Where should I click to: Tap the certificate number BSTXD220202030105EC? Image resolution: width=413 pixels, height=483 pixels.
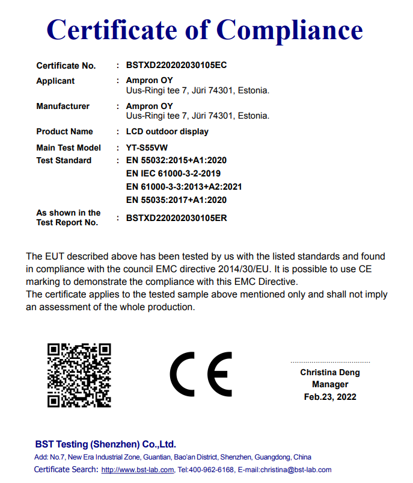(x=176, y=65)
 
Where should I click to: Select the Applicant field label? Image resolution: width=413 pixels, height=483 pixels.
(x=55, y=81)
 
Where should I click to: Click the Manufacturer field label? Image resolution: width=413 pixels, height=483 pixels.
(x=63, y=106)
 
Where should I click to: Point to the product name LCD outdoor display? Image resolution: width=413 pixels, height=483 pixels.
(x=167, y=131)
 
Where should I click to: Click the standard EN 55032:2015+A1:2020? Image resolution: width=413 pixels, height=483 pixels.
(x=176, y=160)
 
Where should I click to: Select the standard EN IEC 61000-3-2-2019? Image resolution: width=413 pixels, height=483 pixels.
(x=173, y=173)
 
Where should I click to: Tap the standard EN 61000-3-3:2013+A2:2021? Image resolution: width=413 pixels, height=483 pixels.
(x=184, y=187)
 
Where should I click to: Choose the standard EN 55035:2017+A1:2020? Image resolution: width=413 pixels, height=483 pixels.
(x=176, y=200)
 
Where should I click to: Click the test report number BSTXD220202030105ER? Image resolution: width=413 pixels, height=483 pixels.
(x=176, y=218)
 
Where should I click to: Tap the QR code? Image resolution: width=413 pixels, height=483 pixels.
(x=79, y=375)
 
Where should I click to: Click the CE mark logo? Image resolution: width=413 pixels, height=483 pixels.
(x=201, y=373)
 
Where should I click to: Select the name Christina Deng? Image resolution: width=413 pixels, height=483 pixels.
(x=330, y=372)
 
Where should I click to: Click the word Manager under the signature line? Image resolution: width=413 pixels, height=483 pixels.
(x=330, y=384)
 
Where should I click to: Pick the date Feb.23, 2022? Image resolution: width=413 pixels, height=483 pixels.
(x=330, y=397)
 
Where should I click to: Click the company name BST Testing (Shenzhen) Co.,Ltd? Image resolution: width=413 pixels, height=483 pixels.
(x=105, y=444)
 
